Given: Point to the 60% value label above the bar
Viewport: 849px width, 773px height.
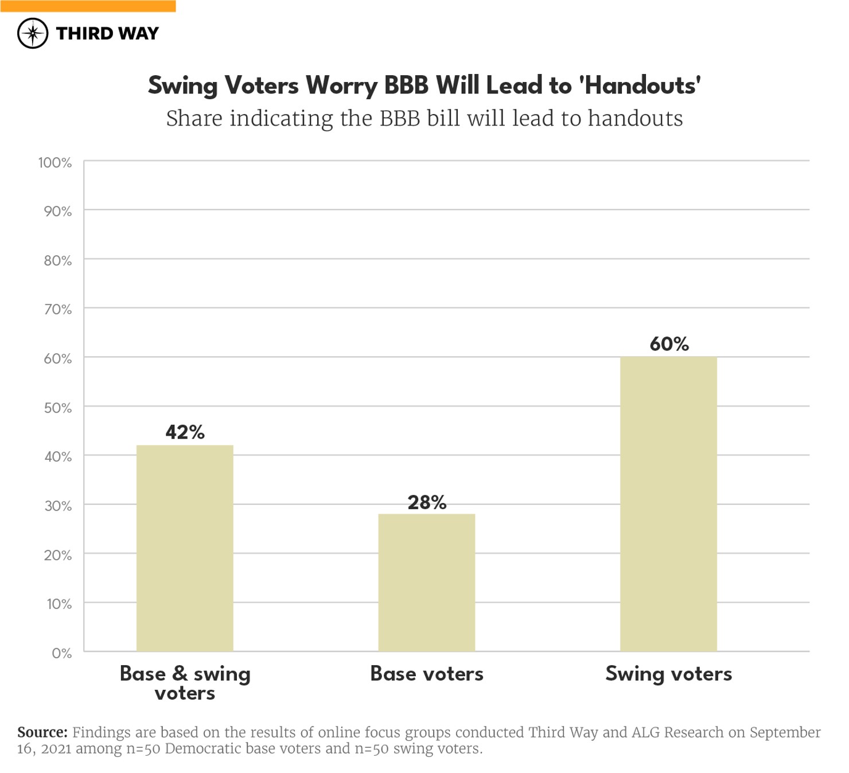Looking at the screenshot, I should click(x=669, y=344).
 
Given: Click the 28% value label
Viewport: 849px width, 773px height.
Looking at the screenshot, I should click(x=427, y=502).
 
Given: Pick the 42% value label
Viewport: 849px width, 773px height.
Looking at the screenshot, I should click(x=185, y=432).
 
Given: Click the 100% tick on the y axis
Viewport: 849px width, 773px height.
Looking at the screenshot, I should click(x=55, y=163).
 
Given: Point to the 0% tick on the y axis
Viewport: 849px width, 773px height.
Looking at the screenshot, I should click(x=61, y=653).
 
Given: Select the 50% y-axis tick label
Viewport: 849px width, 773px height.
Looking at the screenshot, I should click(x=57, y=408).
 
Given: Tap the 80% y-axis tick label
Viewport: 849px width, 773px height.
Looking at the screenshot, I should click(x=57, y=261).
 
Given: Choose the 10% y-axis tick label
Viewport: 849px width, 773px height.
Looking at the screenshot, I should click(x=59, y=604).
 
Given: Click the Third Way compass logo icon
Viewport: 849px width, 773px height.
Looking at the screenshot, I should click(x=33, y=33).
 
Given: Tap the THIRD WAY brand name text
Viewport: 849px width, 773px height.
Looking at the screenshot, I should click(x=107, y=33).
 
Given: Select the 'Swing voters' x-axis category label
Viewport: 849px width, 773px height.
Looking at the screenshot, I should click(x=668, y=673).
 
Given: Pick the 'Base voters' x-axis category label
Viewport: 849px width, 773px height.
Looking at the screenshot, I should click(x=427, y=673).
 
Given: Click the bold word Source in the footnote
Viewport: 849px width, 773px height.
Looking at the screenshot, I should click(x=42, y=732).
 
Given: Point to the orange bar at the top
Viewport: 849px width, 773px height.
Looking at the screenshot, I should click(x=88, y=6).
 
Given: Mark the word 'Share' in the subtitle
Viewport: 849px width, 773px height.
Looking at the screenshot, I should click(x=194, y=119).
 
